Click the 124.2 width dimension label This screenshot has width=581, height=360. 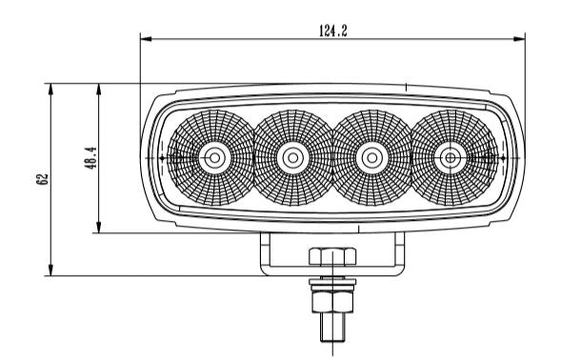[x=333, y=30]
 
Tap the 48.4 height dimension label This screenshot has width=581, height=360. [x=91, y=158]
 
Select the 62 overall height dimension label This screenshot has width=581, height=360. [x=43, y=179]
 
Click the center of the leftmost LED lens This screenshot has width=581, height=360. [x=214, y=158]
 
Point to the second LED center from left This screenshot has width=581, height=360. [x=292, y=158]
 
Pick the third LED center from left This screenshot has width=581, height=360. [x=371, y=158]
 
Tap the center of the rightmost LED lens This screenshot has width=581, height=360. [x=451, y=158]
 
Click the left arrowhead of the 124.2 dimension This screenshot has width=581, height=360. [x=146, y=39]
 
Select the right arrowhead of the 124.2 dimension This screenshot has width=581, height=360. [x=519, y=39]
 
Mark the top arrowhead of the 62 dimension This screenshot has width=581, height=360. [x=51, y=90]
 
